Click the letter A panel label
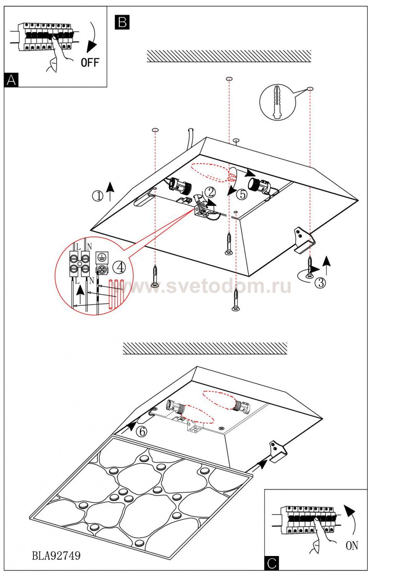pos(11,80)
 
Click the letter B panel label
pos(122,22)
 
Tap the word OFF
pos(90,62)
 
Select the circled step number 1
pos(98,196)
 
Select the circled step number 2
pos(210,192)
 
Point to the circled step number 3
pos(320,283)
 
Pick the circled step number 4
pos(120,267)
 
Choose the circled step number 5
pos(242,194)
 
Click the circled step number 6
pos(141,432)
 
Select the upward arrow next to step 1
pos(110,191)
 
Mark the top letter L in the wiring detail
pos(79,247)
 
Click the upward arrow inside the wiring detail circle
pos(81,293)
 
